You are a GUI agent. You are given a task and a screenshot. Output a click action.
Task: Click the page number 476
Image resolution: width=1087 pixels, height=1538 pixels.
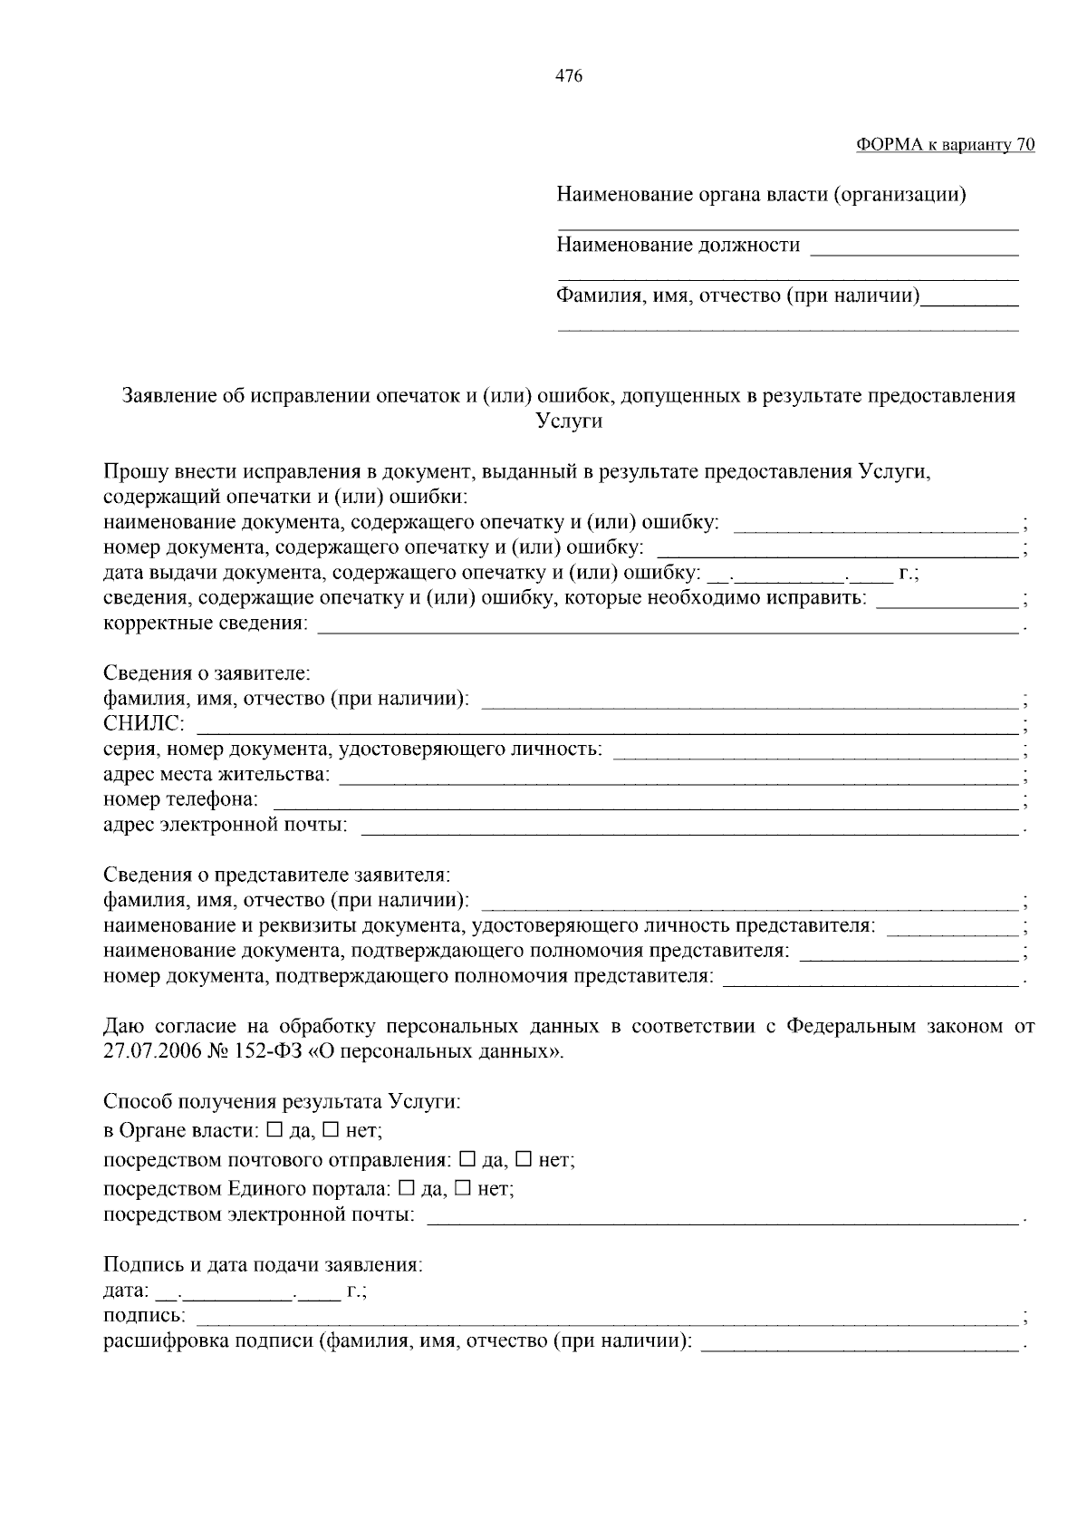point(568,76)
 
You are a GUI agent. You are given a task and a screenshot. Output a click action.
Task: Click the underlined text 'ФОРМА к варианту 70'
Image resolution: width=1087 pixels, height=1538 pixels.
point(945,145)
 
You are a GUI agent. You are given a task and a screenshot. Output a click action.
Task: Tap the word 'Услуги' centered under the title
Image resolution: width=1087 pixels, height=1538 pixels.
point(569,421)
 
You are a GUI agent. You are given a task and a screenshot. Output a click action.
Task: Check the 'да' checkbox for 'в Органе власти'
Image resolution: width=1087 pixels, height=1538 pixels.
point(275,1130)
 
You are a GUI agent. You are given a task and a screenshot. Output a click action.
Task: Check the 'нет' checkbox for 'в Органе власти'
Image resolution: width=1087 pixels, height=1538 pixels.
point(332,1130)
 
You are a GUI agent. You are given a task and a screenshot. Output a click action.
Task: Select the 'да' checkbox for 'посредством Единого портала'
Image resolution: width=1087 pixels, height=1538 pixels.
point(407,1187)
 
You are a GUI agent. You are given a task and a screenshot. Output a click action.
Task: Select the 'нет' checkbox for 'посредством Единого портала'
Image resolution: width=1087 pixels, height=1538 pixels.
point(463,1187)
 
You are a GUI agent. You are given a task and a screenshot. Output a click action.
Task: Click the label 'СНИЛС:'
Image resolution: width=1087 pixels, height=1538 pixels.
point(144,724)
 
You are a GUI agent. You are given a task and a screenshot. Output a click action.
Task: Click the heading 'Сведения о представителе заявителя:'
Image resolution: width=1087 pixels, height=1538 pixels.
point(276,875)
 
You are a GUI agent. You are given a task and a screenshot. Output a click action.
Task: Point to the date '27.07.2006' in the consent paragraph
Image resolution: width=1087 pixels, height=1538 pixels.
point(148,1051)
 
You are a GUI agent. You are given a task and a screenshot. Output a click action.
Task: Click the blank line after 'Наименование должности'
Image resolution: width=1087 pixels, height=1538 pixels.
point(913,254)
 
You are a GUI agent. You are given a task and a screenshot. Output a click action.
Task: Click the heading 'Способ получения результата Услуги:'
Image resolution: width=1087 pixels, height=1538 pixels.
point(282,1102)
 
